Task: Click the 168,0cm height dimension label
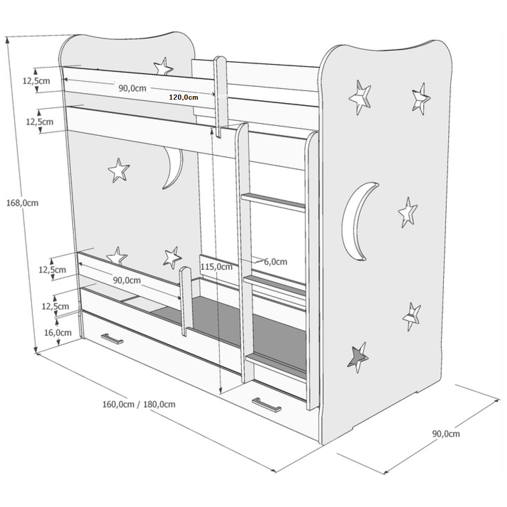[x=22, y=203]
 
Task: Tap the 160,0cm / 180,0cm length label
[x=139, y=404]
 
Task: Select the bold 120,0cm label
[x=183, y=98]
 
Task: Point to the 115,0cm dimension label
[x=216, y=267]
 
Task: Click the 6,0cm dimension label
[x=275, y=262]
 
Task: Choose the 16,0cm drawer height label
[x=58, y=333]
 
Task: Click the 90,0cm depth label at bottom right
[x=446, y=434]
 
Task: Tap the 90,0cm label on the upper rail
[x=132, y=88]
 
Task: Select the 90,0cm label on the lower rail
[x=127, y=280]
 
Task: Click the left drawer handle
[x=112, y=339]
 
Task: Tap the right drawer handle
[x=266, y=404]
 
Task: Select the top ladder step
[x=273, y=201]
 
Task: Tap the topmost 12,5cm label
[x=36, y=81]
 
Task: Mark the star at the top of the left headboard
[x=163, y=67]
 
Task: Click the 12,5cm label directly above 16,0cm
[x=55, y=306]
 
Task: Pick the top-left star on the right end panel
[x=360, y=97]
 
